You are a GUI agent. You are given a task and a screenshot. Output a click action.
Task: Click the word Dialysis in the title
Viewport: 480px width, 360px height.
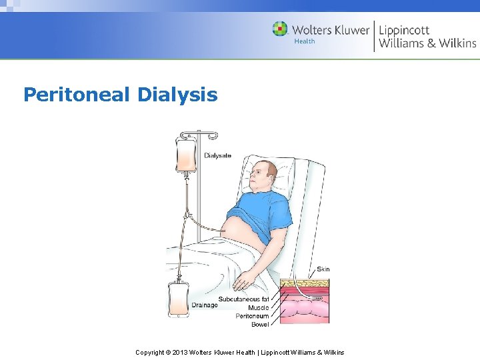(x=177, y=95)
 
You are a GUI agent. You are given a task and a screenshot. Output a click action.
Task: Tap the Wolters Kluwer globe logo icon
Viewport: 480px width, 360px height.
(x=280, y=29)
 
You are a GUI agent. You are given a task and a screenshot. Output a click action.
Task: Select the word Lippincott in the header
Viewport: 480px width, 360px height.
(x=404, y=30)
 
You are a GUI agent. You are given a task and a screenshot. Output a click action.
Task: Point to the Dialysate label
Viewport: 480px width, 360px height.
(x=218, y=155)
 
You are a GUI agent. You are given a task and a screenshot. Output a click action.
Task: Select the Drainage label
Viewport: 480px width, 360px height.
(x=205, y=305)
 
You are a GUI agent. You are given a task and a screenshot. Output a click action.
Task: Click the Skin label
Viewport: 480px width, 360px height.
(x=323, y=269)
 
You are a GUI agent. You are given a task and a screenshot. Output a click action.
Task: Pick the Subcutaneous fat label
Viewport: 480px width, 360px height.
(x=243, y=299)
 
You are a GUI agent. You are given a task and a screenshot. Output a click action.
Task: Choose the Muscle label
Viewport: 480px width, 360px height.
(x=258, y=308)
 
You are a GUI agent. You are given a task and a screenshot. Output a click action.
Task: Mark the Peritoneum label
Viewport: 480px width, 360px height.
(x=252, y=316)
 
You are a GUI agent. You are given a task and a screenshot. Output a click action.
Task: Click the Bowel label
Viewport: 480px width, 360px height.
(x=260, y=325)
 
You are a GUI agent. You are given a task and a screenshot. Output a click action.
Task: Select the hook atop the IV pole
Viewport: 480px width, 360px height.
(x=212, y=135)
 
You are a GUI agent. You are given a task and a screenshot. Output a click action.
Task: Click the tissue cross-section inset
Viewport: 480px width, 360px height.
(x=304, y=301)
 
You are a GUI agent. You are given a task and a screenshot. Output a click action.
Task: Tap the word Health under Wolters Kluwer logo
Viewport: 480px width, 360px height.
(x=304, y=41)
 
